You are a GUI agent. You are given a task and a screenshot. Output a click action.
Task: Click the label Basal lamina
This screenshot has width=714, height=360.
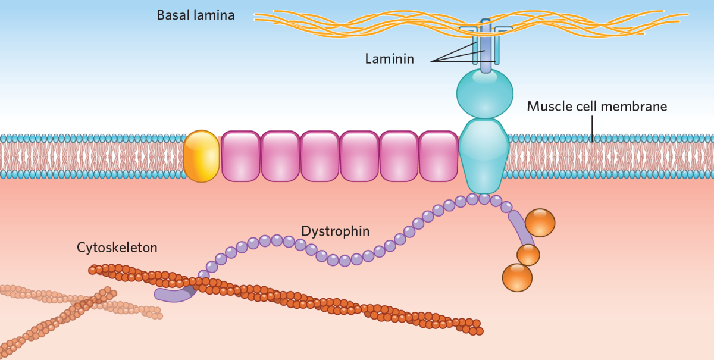195,15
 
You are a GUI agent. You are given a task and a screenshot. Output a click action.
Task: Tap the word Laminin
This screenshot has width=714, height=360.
390,59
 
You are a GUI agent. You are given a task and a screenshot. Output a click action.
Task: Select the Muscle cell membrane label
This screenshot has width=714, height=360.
597,107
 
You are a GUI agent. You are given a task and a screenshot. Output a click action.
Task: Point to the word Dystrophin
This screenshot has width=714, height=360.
335,230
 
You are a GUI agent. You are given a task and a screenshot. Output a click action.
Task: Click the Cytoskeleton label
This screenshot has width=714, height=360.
117,247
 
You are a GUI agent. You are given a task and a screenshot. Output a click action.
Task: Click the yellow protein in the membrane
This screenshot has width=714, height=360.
201,156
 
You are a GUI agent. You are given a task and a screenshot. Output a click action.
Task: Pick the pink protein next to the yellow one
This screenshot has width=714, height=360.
241,156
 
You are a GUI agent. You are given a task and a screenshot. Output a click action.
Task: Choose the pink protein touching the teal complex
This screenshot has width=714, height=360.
439,156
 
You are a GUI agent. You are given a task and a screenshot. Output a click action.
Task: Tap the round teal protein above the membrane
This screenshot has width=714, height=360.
484,93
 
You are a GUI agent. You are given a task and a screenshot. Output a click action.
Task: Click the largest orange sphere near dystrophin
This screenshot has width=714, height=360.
540,223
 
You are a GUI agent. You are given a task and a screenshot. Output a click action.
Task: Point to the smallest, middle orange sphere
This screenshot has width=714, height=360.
528,255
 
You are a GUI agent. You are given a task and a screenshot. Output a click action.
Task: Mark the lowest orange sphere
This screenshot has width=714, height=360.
517,277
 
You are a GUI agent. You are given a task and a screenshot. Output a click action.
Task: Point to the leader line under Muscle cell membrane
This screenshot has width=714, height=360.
593,126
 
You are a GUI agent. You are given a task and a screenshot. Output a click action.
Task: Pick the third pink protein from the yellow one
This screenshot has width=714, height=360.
320,156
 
